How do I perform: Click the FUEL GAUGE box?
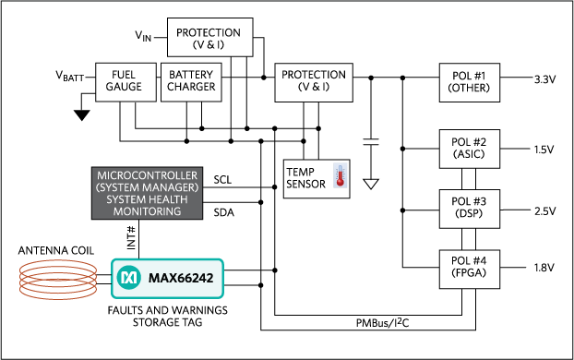click(125, 82)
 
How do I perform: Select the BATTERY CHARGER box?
click(191, 82)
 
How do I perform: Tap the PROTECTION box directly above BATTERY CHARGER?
click(210, 39)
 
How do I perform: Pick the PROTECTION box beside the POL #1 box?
click(314, 81)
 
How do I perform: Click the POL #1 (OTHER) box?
click(469, 82)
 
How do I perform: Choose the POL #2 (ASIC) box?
click(469, 148)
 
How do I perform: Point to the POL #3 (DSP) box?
click(469, 207)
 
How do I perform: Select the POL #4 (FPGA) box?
click(469, 268)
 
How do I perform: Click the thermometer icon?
click(341, 175)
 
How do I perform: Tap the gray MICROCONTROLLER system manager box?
click(148, 194)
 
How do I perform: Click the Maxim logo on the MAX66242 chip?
click(130, 277)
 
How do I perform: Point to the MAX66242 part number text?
click(182, 277)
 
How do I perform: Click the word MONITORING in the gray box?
click(148, 212)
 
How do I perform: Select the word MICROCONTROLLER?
click(148, 175)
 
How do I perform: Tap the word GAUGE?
click(125, 89)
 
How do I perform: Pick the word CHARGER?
click(191, 89)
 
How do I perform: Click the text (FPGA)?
click(469, 274)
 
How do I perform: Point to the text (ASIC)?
click(469, 154)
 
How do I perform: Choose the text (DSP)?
click(469, 213)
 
